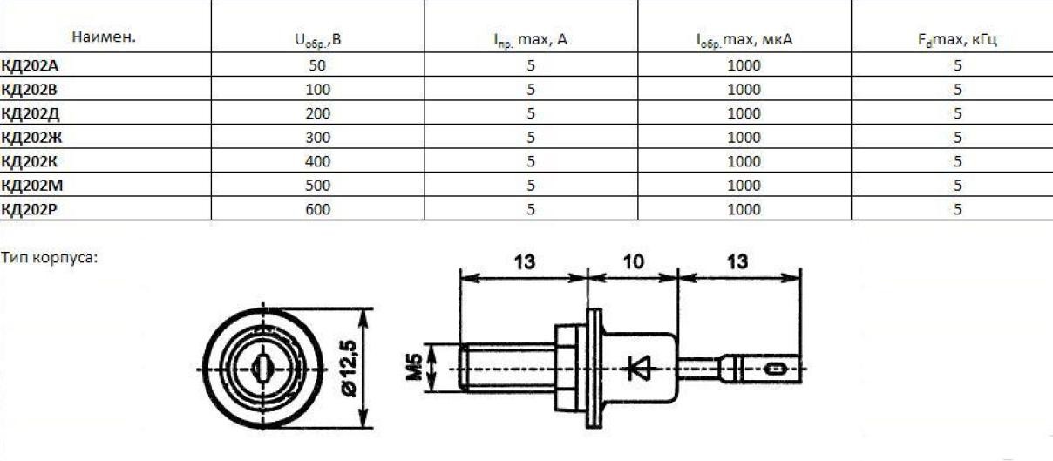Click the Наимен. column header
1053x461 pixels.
(x=104, y=38)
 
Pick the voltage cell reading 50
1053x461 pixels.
(x=317, y=65)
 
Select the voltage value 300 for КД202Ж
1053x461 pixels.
(x=317, y=137)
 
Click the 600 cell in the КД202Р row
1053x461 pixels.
(x=317, y=209)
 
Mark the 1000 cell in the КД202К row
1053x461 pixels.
(x=744, y=161)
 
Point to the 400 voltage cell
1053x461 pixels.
(x=317, y=161)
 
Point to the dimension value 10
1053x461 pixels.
(x=634, y=260)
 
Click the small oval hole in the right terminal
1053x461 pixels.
(x=771, y=369)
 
